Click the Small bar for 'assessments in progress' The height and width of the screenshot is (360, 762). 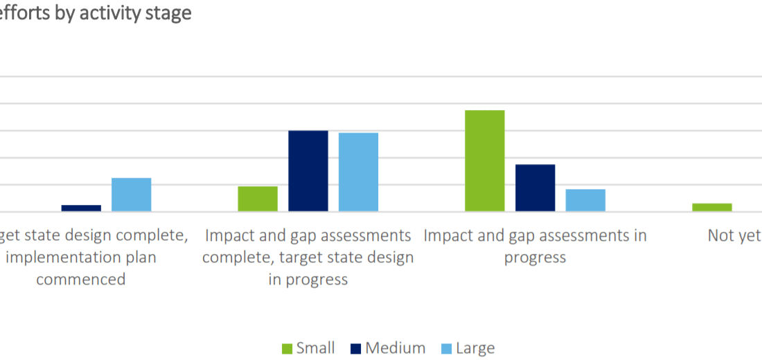click(484, 161)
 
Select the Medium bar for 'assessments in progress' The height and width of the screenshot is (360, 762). click(535, 188)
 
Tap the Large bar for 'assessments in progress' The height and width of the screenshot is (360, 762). click(585, 200)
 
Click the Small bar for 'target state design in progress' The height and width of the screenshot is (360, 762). click(258, 199)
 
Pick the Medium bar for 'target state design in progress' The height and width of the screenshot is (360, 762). click(308, 171)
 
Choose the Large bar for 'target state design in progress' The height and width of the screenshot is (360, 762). click(358, 172)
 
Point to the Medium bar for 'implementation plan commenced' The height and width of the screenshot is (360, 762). click(81, 208)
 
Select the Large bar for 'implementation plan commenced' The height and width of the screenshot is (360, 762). click(132, 195)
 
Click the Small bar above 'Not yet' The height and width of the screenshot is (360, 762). click(711, 207)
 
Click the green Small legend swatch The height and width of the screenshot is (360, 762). click(287, 348)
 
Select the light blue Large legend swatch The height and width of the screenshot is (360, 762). click(447, 348)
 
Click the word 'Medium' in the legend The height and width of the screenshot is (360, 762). click(396, 348)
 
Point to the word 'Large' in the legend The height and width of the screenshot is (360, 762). click(475, 348)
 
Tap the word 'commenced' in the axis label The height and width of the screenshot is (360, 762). click(80, 279)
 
